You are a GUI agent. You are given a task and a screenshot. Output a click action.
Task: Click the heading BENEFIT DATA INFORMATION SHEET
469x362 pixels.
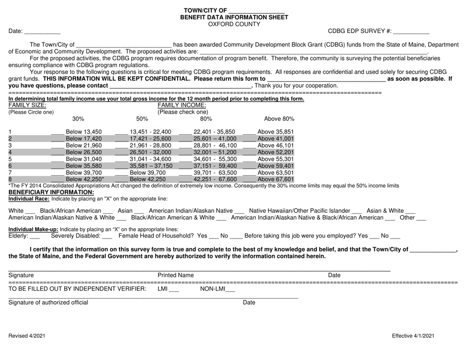point(234,17)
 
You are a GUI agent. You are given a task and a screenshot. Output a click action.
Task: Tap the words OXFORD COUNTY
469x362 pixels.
point(234,23)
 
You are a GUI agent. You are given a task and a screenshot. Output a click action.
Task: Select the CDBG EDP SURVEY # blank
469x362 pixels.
point(411,32)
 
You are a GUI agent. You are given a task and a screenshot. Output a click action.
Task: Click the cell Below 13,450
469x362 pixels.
point(84,132)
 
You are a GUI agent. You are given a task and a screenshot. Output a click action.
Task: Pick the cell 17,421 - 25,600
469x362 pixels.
point(151,139)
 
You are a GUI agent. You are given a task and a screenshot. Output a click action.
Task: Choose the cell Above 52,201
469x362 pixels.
point(275,153)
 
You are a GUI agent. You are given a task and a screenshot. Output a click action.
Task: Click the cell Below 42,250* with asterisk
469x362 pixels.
point(85,180)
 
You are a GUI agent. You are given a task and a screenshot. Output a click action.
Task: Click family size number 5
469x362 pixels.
point(10,160)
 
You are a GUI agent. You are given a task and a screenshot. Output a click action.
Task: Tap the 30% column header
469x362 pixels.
point(78,119)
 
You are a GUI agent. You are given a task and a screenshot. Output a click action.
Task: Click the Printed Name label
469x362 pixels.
point(175,275)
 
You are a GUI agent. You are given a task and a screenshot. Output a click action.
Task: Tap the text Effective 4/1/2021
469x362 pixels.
point(413,336)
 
